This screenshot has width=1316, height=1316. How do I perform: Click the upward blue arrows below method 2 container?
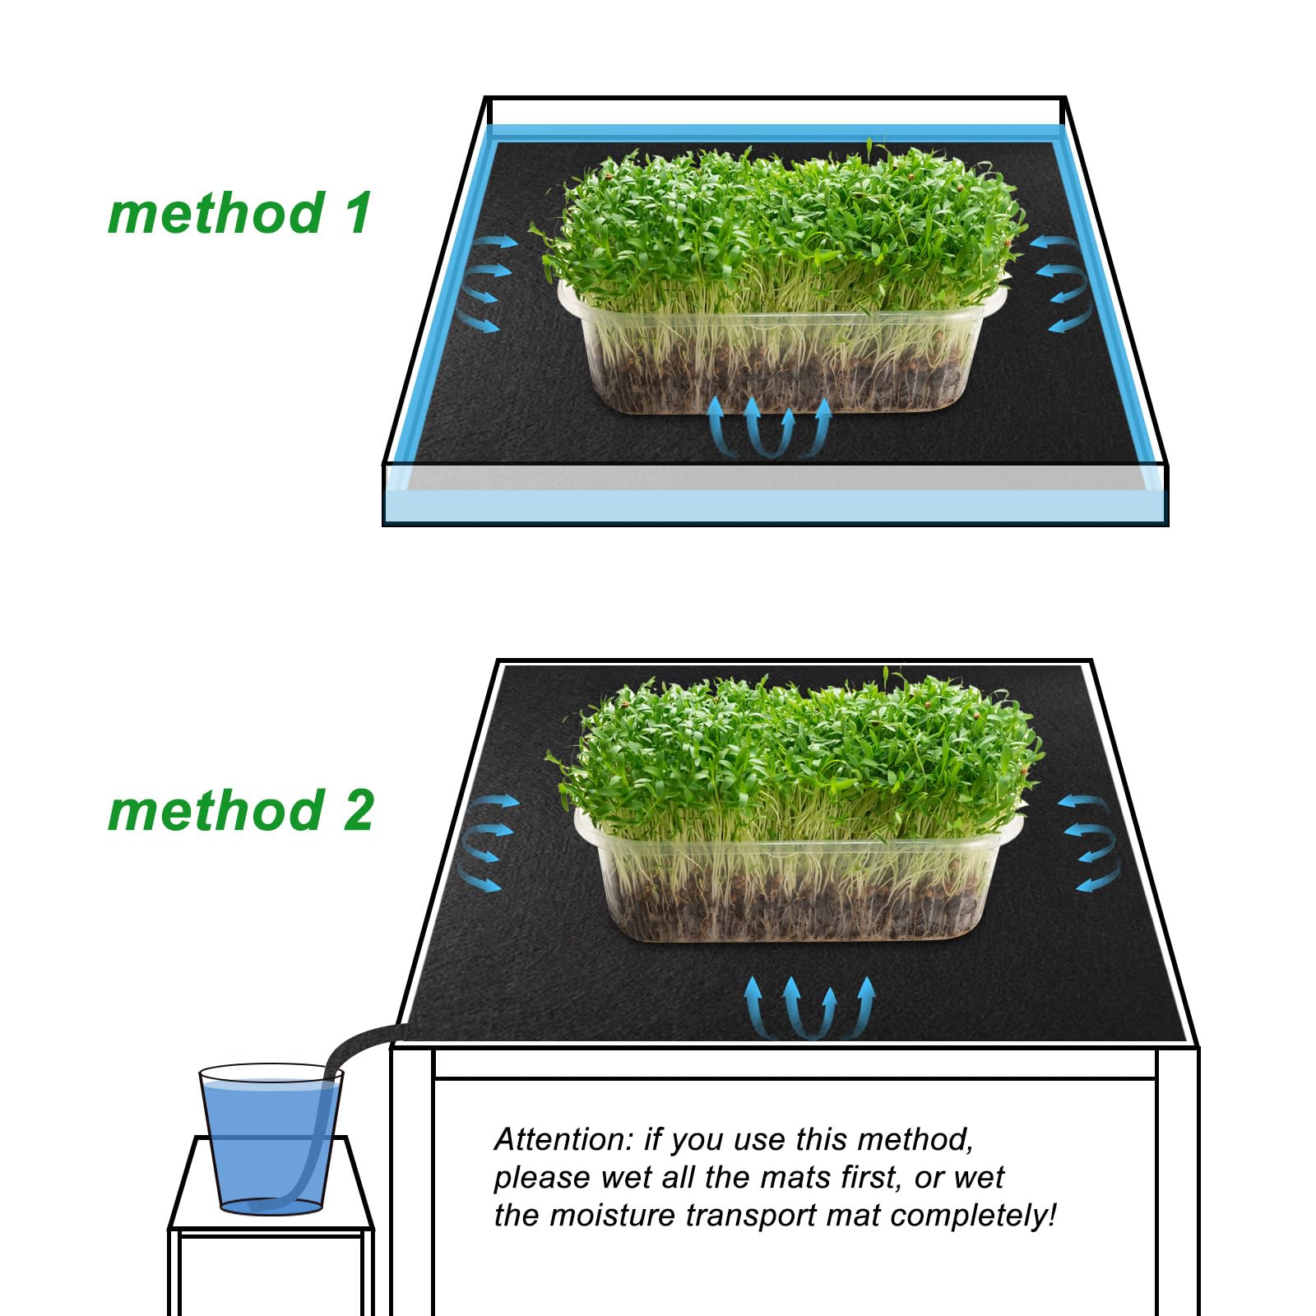tap(809, 1008)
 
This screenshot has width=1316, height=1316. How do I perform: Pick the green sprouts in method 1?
tap(781, 222)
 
